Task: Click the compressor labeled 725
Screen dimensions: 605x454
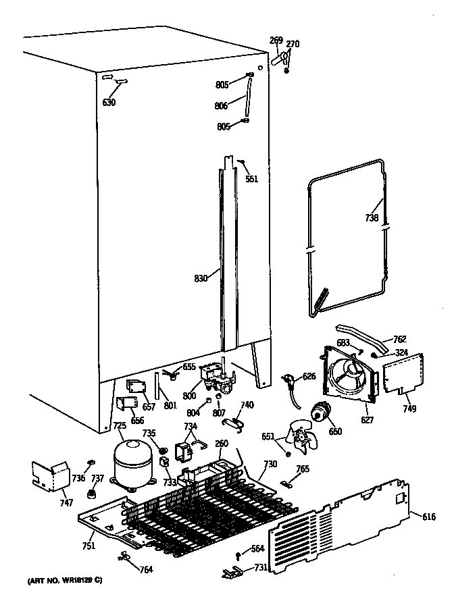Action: coord(132,462)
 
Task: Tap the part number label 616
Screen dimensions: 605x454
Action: coord(428,517)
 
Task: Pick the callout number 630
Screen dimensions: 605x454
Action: coord(109,103)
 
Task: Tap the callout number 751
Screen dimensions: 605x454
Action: coord(89,546)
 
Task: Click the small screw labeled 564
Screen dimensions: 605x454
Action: coord(238,556)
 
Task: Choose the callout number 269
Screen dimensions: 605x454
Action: coord(276,41)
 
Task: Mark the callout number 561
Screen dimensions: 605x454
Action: coord(251,179)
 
